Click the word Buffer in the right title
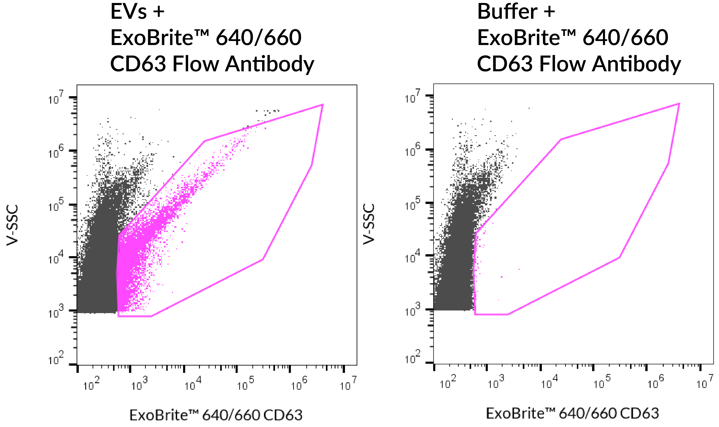tap(507, 12)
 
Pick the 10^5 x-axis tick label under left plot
tap(245, 384)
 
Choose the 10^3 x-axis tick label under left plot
tap(139, 384)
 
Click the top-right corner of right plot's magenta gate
tap(679, 104)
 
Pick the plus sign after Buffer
tap(549, 12)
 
